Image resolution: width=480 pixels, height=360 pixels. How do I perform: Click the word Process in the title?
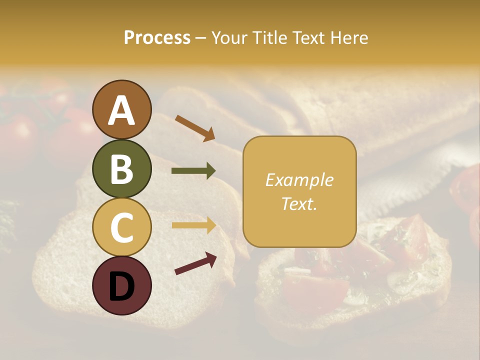point(157,38)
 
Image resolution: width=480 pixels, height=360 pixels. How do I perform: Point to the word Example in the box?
point(299,180)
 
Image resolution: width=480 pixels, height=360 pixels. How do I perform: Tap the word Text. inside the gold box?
point(299,203)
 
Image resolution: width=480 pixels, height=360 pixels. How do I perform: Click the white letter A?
point(121,111)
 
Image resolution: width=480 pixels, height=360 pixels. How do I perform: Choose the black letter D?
point(121,286)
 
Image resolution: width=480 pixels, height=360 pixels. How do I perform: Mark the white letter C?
point(121,228)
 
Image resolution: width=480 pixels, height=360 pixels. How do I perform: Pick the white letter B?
point(121,169)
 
